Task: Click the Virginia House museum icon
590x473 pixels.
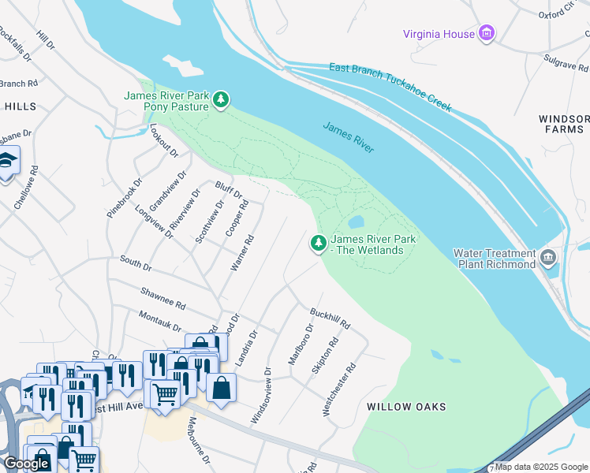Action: [x=487, y=33]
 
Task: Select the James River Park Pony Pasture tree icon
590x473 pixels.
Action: [x=222, y=99]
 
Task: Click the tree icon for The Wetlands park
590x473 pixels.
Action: [x=319, y=244]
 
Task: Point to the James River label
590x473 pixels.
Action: [x=348, y=137]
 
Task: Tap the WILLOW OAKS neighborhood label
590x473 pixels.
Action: [x=406, y=407]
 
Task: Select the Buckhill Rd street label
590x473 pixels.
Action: [x=330, y=318]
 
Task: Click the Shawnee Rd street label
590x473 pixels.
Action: [x=162, y=299]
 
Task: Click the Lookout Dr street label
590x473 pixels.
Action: [x=163, y=140]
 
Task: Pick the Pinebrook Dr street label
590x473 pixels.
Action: [x=125, y=198]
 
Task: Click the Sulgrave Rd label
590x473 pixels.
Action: [x=566, y=61]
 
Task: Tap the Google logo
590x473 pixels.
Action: [x=26, y=464]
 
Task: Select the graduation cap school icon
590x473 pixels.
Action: [x=8, y=162]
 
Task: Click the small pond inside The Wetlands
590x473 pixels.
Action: [x=355, y=222]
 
